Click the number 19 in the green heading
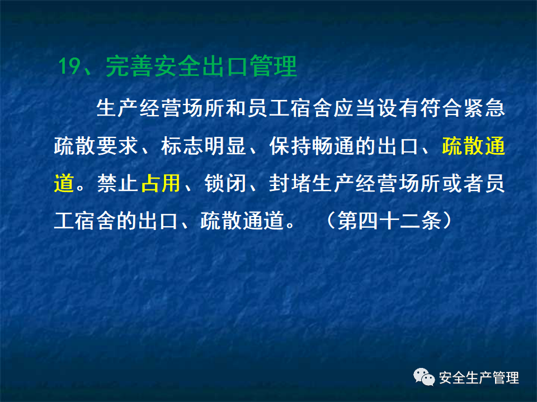click(x=71, y=67)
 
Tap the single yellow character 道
click(x=64, y=183)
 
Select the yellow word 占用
click(x=161, y=183)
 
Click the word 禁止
click(x=117, y=183)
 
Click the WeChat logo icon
click(x=424, y=378)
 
